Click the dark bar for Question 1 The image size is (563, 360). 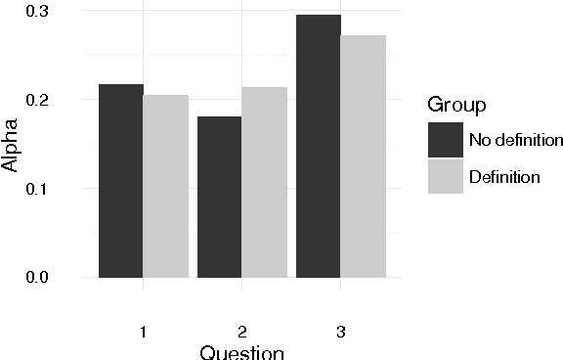click(121, 181)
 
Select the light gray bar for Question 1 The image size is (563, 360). click(166, 186)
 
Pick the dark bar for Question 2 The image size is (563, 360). click(219, 197)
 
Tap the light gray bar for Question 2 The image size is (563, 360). click(264, 182)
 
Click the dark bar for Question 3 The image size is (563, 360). click(318, 146)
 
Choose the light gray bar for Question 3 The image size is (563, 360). click(363, 157)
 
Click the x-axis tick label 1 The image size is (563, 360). click(144, 332)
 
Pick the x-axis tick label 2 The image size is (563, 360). click(242, 332)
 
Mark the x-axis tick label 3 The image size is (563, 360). click(340, 332)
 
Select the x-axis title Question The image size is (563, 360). click(241, 352)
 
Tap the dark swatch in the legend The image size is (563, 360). click(446, 139)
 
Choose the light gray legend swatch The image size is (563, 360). click(446, 176)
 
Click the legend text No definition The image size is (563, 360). click(515, 140)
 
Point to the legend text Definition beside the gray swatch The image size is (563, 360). click(503, 177)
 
